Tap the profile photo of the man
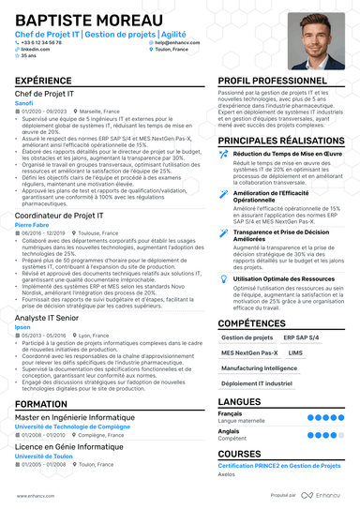point(317,40)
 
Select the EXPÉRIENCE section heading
point(44,82)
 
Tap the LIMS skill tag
point(295,352)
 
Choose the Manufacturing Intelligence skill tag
point(260,368)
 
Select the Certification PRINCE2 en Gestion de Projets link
point(277,467)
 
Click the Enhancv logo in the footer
point(328,495)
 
